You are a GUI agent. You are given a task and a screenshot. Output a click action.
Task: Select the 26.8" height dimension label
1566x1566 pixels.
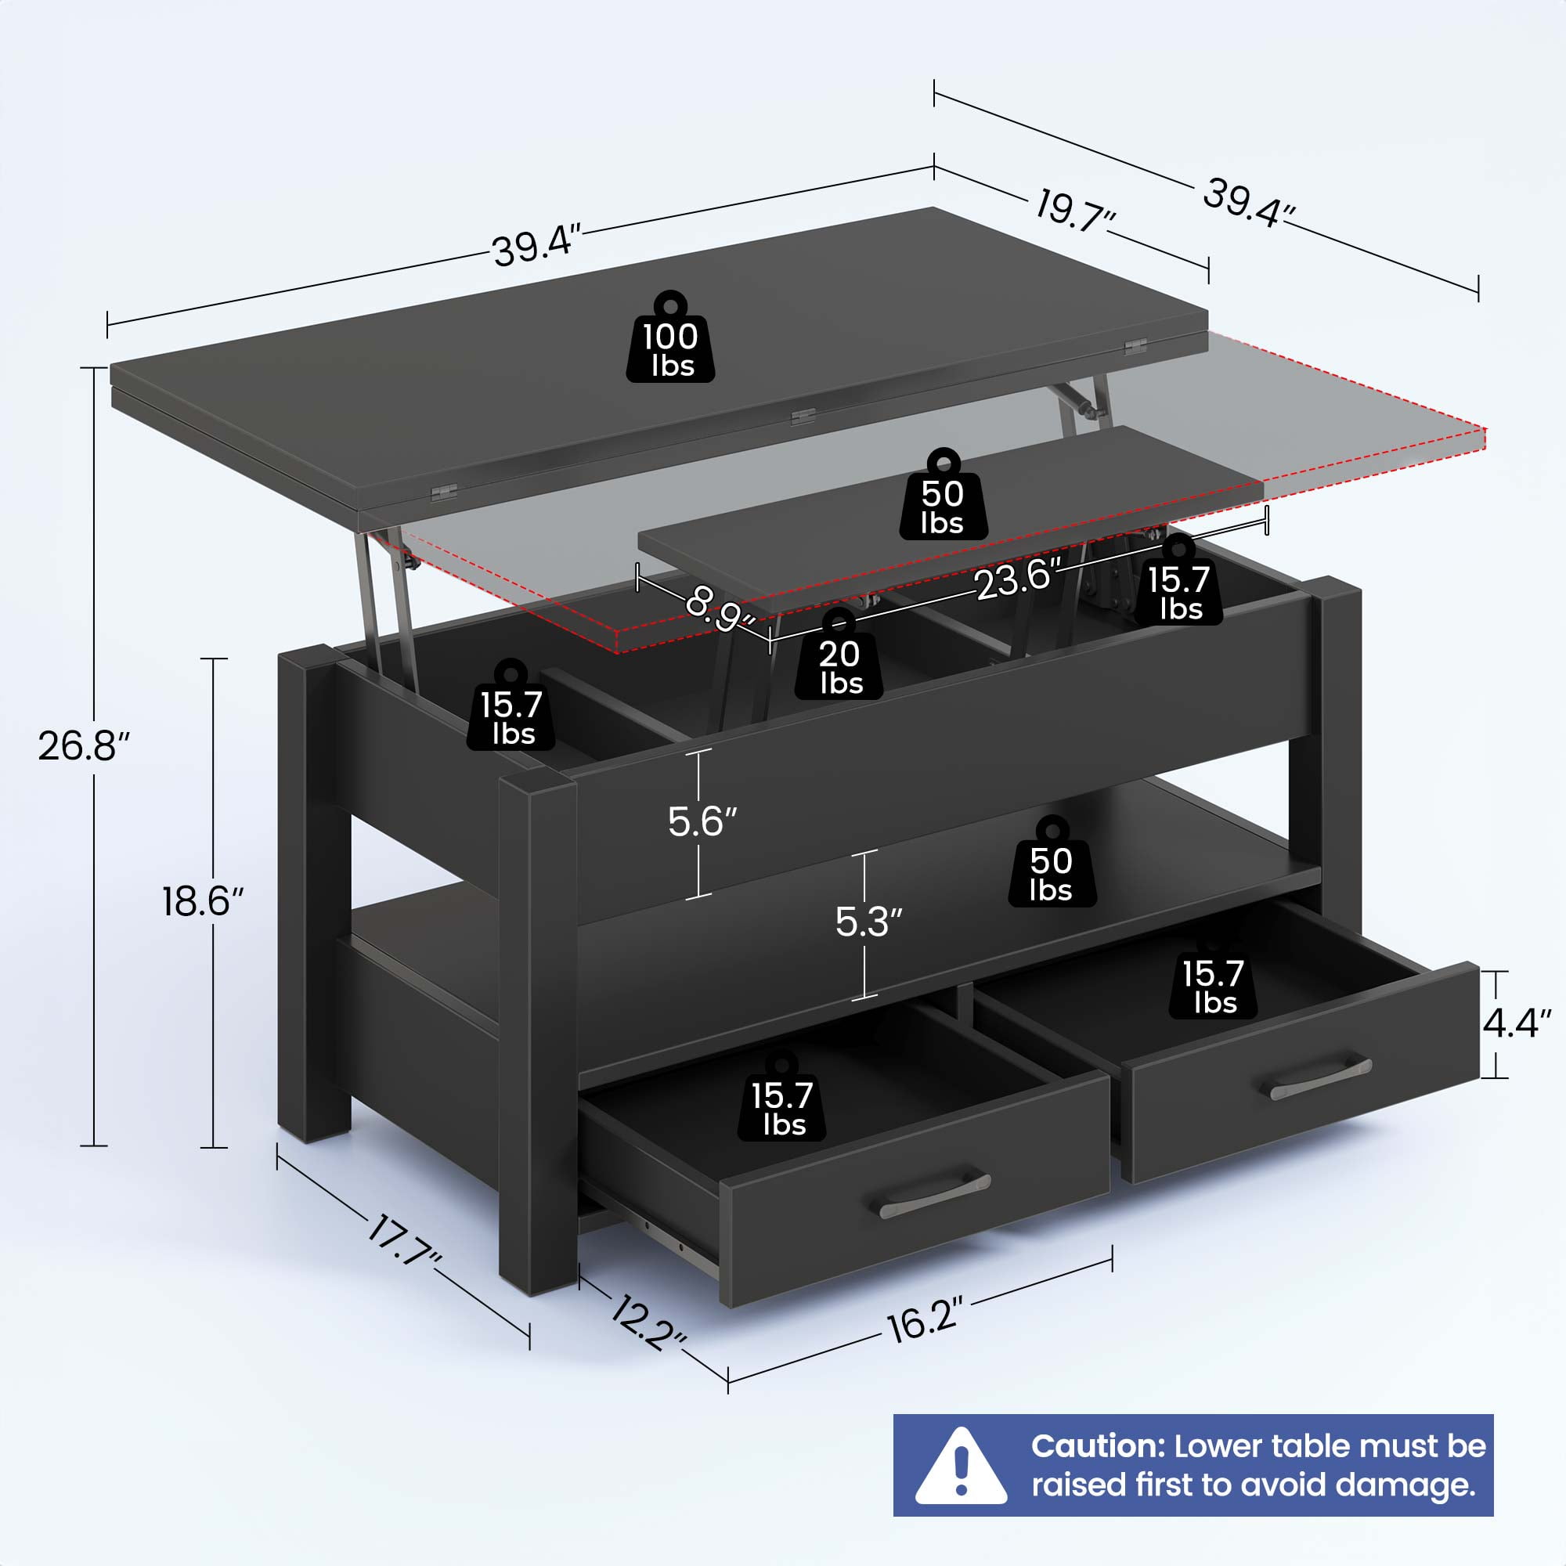coord(85,745)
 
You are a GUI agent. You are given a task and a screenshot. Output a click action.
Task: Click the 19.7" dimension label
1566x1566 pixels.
coord(1076,211)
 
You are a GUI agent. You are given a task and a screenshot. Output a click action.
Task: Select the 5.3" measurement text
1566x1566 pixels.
coord(869,922)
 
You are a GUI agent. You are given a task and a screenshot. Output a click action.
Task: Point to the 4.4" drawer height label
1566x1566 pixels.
coord(1517,1024)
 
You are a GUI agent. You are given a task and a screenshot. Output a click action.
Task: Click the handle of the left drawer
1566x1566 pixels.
coord(935,1194)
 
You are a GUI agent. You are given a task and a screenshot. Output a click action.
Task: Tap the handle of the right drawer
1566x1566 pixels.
coord(1320,1080)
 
